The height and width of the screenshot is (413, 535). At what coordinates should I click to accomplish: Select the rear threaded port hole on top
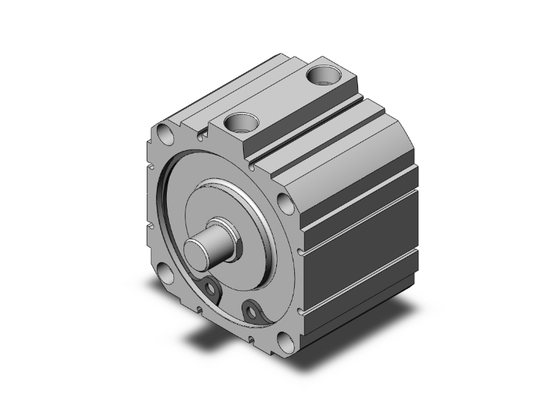coord(322,74)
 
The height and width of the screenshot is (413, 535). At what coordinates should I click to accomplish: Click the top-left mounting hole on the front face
coord(165,134)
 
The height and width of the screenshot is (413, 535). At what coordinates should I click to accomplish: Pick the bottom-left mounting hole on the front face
coord(167,275)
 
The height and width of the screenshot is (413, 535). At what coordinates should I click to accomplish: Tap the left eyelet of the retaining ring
coord(212,289)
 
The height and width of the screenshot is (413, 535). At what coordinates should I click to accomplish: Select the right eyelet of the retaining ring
coord(252,311)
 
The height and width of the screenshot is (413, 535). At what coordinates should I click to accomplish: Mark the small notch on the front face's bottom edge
coord(251,335)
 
